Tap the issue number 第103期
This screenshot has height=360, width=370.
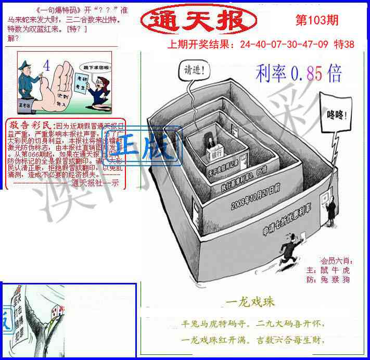[x=316, y=20]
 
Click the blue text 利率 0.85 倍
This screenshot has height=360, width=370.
[x=299, y=74]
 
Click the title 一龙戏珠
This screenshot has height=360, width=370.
[x=250, y=302]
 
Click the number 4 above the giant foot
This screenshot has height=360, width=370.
[x=47, y=66]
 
